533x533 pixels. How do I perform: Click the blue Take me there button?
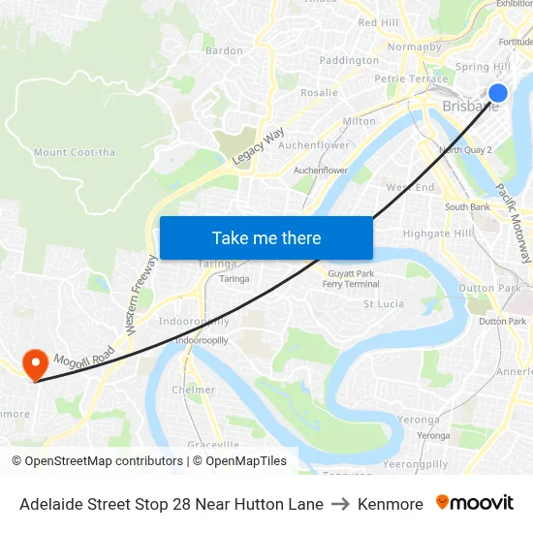266,237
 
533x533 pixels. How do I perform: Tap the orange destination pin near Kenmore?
36,363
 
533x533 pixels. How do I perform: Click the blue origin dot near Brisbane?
498,93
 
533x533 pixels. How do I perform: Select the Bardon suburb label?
224,50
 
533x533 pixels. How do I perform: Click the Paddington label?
349,60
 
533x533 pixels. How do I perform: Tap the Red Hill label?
378,22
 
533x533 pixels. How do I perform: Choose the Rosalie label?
319,93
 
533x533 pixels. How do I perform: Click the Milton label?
359,121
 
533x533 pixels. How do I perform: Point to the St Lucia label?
384,303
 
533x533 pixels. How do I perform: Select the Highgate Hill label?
437,234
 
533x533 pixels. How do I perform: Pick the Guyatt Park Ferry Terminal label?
350,279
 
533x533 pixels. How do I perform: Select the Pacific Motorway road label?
514,224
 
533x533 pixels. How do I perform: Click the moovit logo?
475,503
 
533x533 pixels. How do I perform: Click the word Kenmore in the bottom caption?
391,504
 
